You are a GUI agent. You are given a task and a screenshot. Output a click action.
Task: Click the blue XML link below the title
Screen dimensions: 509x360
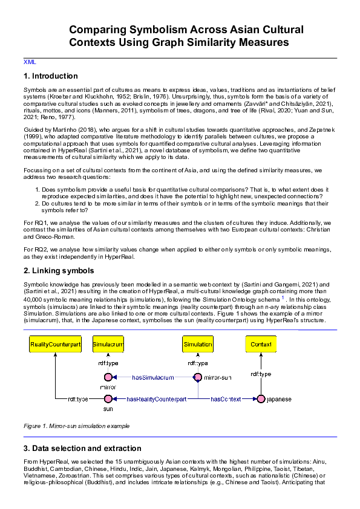tap(30, 62)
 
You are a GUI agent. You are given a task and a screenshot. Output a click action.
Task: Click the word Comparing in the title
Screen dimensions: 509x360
tap(99, 30)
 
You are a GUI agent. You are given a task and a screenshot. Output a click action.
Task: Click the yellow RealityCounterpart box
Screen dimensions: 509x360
tap(55, 344)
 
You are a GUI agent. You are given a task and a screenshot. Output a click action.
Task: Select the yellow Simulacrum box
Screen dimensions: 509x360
tap(108, 344)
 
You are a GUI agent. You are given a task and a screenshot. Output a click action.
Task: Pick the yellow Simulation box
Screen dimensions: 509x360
tap(198, 344)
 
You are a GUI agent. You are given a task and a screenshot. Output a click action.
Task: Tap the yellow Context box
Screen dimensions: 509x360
tap(261, 344)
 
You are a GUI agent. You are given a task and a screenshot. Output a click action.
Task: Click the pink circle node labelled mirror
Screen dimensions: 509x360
tap(108, 378)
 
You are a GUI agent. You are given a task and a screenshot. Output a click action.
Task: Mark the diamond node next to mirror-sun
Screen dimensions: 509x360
tap(197, 378)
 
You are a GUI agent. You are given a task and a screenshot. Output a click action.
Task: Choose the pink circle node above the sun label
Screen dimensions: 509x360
tap(108, 399)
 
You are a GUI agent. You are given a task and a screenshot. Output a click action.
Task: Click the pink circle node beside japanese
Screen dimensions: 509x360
tap(261, 399)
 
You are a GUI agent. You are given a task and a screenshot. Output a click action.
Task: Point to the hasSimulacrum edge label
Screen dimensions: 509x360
tap(153, 378)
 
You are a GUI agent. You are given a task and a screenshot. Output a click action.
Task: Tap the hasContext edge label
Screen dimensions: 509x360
tap(226, 399)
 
